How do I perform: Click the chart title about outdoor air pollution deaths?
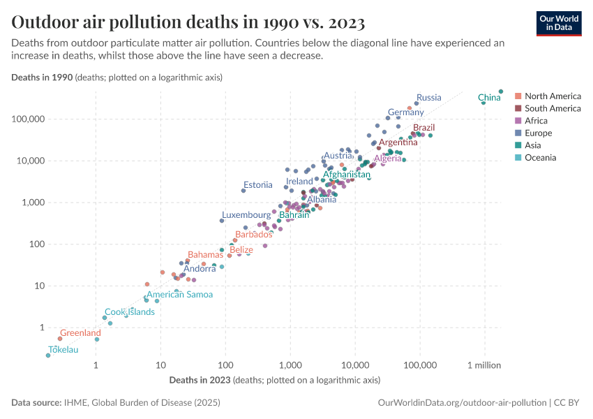point(188,22)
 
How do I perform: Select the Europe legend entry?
point(538,133)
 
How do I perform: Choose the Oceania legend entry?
point(540,157)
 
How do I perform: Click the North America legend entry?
point(553,96)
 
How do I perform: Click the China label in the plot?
point(489,98)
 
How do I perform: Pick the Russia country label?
point(428,97)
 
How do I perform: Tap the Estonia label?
point(257,185)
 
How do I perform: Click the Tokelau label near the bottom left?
point(63,349)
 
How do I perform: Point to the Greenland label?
point(80,333)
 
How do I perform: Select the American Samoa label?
point(179,295)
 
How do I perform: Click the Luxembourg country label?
point(246,215)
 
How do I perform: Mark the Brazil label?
point(423,128)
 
